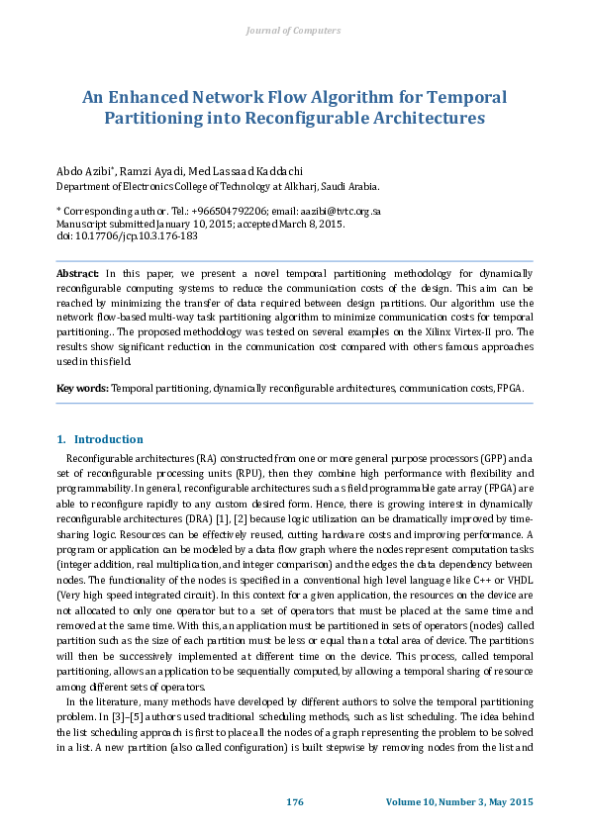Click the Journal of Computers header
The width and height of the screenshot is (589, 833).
pos(293,31)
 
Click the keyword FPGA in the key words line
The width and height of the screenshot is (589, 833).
pos(510,389)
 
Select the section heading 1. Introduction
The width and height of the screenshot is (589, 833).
pos(99,439)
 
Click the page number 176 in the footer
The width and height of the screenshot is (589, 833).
pos(295,801)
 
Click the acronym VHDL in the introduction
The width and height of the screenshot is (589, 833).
pos(517,582)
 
